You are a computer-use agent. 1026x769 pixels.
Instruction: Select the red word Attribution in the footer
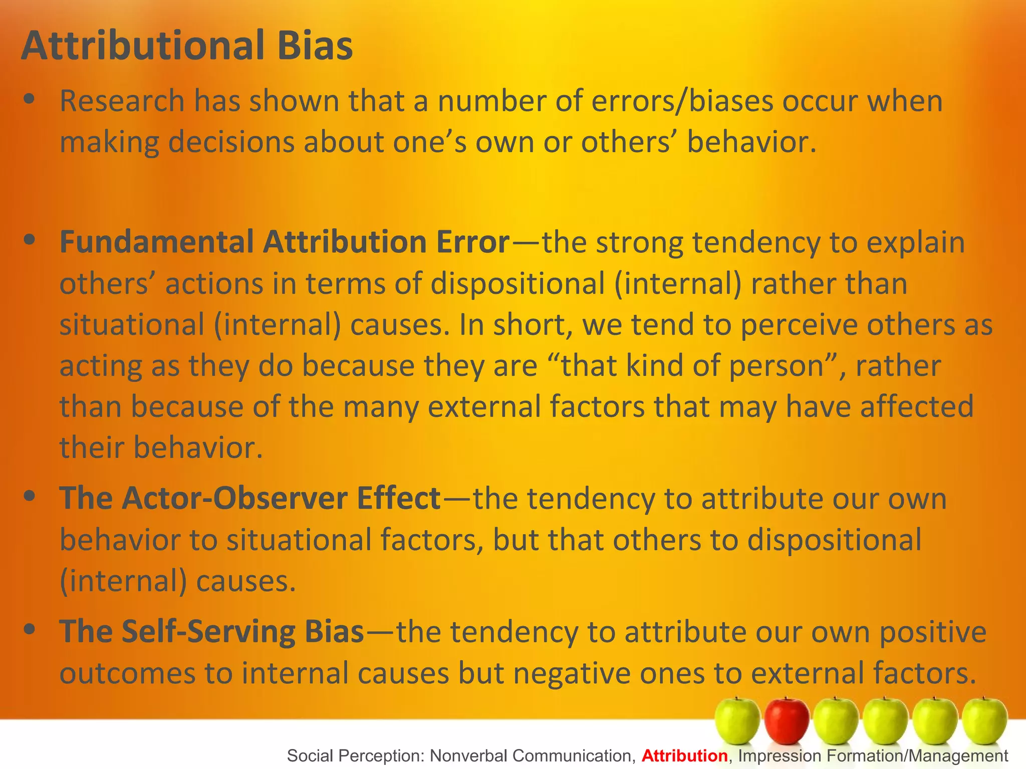[x=684, y=755]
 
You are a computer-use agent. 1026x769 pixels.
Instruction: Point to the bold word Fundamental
[x=157, y=242]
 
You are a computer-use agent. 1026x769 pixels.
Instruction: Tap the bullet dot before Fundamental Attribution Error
[x=30, y=239]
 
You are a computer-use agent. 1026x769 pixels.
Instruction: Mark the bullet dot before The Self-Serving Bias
[x=30, y=629]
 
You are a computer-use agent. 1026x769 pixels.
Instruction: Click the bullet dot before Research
[x=30, y=99]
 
